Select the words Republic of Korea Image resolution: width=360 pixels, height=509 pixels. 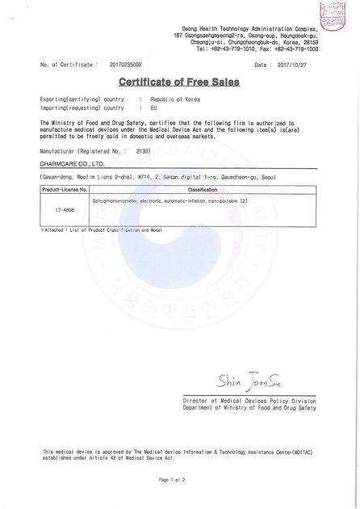coord(174,99)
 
